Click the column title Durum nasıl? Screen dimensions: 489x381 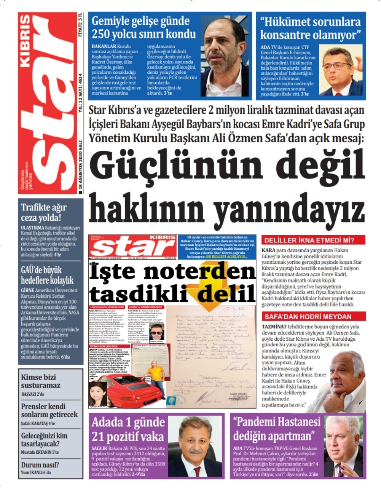click(40, 465)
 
